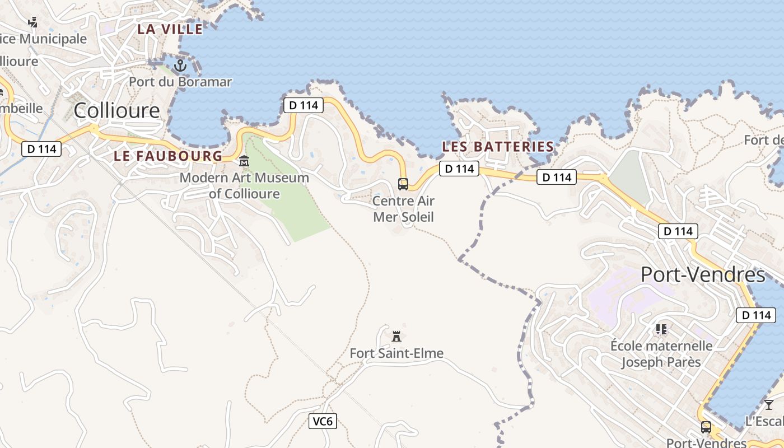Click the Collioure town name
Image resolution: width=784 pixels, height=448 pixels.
click(x=116, y=110)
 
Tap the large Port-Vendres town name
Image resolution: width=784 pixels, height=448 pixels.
click(x=702, y=275)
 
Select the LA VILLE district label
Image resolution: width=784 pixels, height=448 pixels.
click(x=170, y=29)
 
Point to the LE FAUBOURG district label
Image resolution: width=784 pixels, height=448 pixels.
click(x=168, y=156)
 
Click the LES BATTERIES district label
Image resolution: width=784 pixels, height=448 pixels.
click(x=498, y=147)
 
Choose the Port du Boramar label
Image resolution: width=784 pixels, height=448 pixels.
click(x=180, y=82)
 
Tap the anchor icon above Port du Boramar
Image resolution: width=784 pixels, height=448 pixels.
click(x=180, y=66)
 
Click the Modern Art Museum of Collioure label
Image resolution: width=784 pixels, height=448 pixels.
click(x=244, y=186)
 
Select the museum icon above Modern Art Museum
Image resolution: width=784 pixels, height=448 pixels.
click(x=244, y=162)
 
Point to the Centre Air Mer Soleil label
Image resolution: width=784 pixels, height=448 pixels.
click(x=403, y=209)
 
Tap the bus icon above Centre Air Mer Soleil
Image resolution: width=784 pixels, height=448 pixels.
click(x=403, y=184)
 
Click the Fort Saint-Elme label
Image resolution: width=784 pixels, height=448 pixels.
click(x=396, y=353)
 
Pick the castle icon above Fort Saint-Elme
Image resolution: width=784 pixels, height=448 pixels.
click(x=396, y=336)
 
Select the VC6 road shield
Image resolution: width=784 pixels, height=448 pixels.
click(x=323, y=421)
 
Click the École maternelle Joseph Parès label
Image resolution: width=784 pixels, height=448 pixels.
click(x=661, y=354)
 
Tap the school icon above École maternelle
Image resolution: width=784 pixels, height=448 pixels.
click(x=661, y=329)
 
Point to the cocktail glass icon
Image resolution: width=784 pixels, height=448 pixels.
click(x=769, y=404)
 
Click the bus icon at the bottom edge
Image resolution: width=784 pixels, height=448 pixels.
click(x=706, y=427)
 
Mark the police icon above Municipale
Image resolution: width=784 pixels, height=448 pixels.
click(x=33, y=22)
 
